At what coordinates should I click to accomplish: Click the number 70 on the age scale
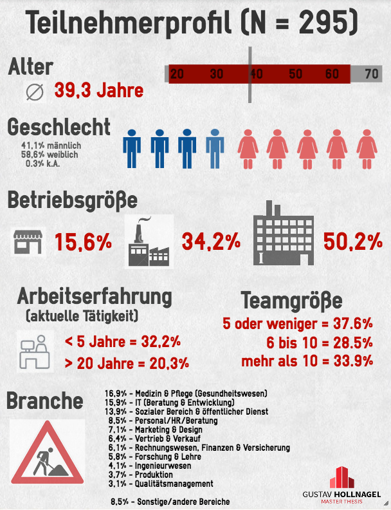click(371, 73)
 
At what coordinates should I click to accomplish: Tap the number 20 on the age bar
click(177, 73)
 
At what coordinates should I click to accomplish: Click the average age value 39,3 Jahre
click(98, 91)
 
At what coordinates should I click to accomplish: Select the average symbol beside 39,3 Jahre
click(34, 92)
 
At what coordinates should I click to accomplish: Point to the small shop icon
click(28, 242)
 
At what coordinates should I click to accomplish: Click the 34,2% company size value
click(211, 242)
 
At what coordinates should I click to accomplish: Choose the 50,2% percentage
click(353, 242)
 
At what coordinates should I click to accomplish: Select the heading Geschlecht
click(59, 127)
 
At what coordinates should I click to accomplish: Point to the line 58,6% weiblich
click(51, 155)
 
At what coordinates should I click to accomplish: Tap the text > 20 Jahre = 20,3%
click(127, 363)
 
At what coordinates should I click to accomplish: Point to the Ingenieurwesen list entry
click(150, 466)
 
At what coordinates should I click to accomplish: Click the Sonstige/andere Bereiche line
click(170, 501)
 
